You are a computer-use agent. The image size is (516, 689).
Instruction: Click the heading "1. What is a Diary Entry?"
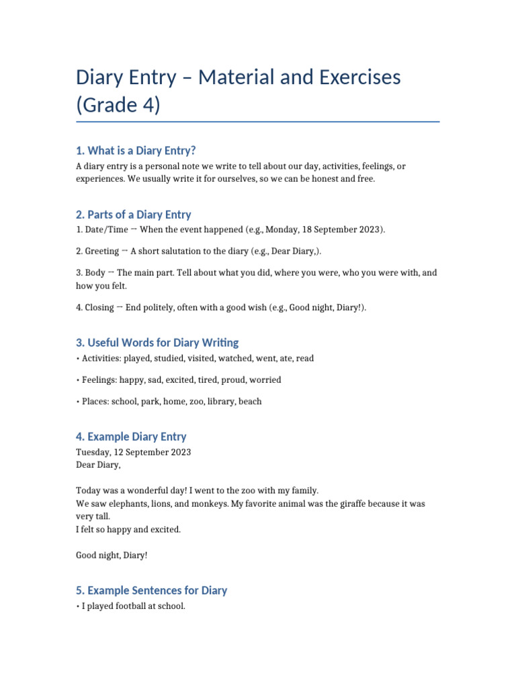tap(136, 150)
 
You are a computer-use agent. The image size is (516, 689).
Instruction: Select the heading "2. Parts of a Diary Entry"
tap(134, 215)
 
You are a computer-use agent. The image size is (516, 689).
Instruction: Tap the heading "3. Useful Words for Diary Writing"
tap(157, 342)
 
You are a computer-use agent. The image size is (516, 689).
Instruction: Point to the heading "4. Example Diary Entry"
tap(131, 437)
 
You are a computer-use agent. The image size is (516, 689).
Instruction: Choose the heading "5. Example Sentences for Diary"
tap(152, 590)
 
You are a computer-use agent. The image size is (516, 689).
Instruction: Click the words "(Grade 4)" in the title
tap(118, 106)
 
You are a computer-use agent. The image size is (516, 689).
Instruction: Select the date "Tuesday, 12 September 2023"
tap(133, 452)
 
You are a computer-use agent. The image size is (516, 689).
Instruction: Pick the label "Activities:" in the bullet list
tap(102, 359)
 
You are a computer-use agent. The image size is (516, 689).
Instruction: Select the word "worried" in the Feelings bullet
tap(265, 380)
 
